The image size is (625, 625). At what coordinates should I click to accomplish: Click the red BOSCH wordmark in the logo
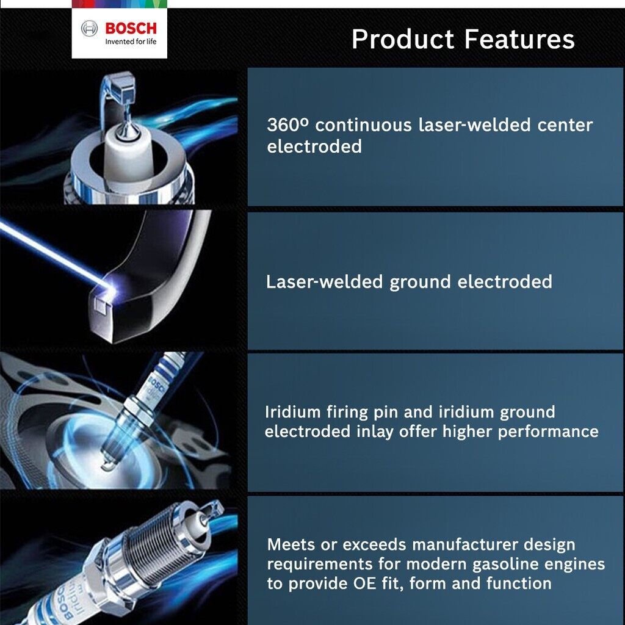point(131,28)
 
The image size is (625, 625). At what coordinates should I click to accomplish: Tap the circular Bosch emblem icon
point(89,29)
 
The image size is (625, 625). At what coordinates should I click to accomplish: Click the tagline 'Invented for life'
point(131,42)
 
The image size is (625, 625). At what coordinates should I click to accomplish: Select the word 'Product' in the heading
point(403,39)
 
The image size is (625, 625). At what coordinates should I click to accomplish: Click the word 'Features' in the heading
point(519,39)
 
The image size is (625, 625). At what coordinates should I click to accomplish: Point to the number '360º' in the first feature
point(288,125)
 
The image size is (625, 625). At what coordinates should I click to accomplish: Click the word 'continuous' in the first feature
point(363,125)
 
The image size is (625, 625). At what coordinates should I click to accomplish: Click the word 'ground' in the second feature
point(420,283)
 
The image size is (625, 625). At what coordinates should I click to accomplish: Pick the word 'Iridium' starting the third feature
point(292,412)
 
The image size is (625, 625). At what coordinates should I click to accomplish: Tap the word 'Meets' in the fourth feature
point(291,544)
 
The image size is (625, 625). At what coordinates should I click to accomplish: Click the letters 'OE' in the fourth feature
point(365,583)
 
